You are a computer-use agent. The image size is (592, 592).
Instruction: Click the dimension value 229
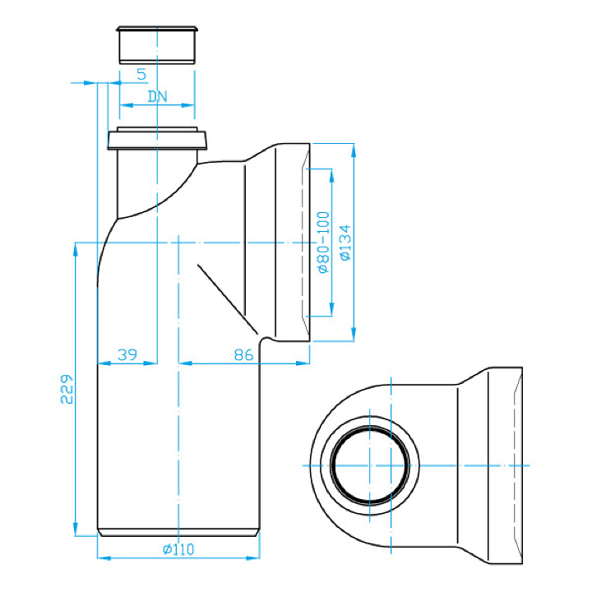(67, 389)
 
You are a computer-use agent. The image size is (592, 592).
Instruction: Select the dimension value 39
(127, 355)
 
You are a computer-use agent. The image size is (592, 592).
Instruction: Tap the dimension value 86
(243, 355)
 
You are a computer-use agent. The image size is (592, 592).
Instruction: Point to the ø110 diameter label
(178, 549)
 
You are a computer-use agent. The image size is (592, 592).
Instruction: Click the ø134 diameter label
(345, 243)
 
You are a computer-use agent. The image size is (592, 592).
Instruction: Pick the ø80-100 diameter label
(324, 242)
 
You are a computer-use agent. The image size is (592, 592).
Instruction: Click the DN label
(157, 97)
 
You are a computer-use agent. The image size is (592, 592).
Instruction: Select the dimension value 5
(141, 74)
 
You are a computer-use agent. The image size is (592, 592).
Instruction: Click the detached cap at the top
(157, 45)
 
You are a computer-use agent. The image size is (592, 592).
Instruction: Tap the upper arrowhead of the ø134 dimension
(354, 150)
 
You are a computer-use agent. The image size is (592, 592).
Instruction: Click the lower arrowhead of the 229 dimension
(76, 529)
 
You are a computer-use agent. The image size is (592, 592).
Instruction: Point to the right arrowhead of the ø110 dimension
(253, 558)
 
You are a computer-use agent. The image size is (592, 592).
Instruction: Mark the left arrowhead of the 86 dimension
(185, 363)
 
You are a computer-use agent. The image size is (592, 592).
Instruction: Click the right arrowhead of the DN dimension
(188, 105)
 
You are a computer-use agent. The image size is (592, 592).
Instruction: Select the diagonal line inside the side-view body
(227, 299)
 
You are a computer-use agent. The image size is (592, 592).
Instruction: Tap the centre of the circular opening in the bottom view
(370, 465)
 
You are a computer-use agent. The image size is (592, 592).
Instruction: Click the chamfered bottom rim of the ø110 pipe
(178, 532)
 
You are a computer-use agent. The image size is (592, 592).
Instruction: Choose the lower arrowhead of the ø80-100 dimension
(332, 309)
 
